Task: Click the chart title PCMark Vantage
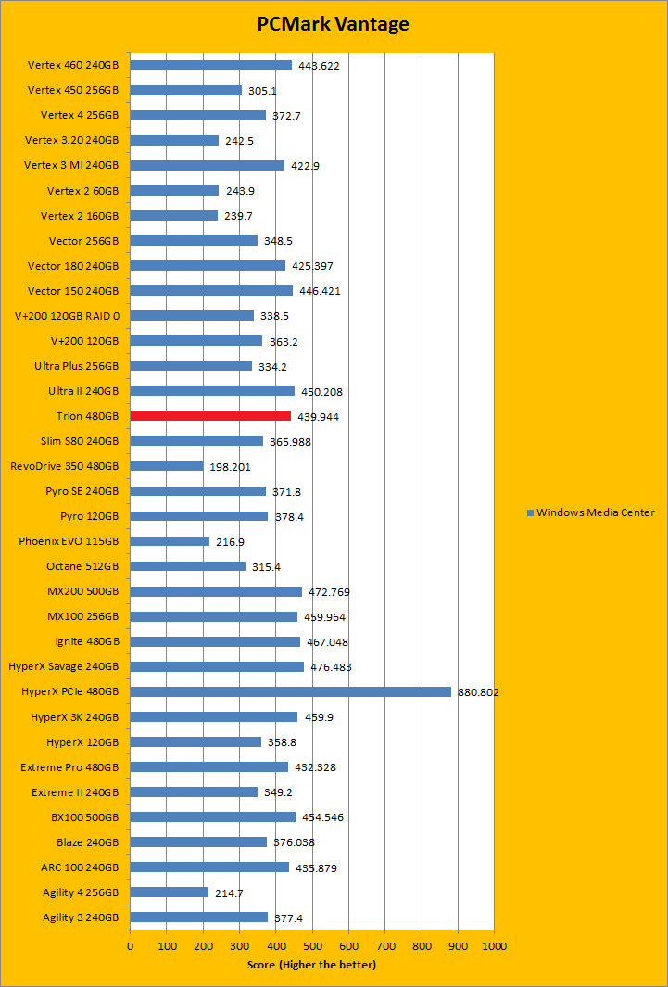[333, 24]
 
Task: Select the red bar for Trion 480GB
[210, 416]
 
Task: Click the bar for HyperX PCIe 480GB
[290, 691]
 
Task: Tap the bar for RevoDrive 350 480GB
[166, 466]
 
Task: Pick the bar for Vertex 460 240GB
[210, 65]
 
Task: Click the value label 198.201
[230, 467]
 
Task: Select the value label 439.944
[318, 417]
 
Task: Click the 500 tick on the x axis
[312, 946]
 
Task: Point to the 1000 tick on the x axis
[494, 946]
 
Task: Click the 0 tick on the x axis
[130, 946]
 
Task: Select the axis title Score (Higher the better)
[311, 965]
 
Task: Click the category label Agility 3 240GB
[81, 917]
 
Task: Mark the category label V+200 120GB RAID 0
[67, 316]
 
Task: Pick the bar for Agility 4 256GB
[169, 892]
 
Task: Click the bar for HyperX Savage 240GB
[217, 666]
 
